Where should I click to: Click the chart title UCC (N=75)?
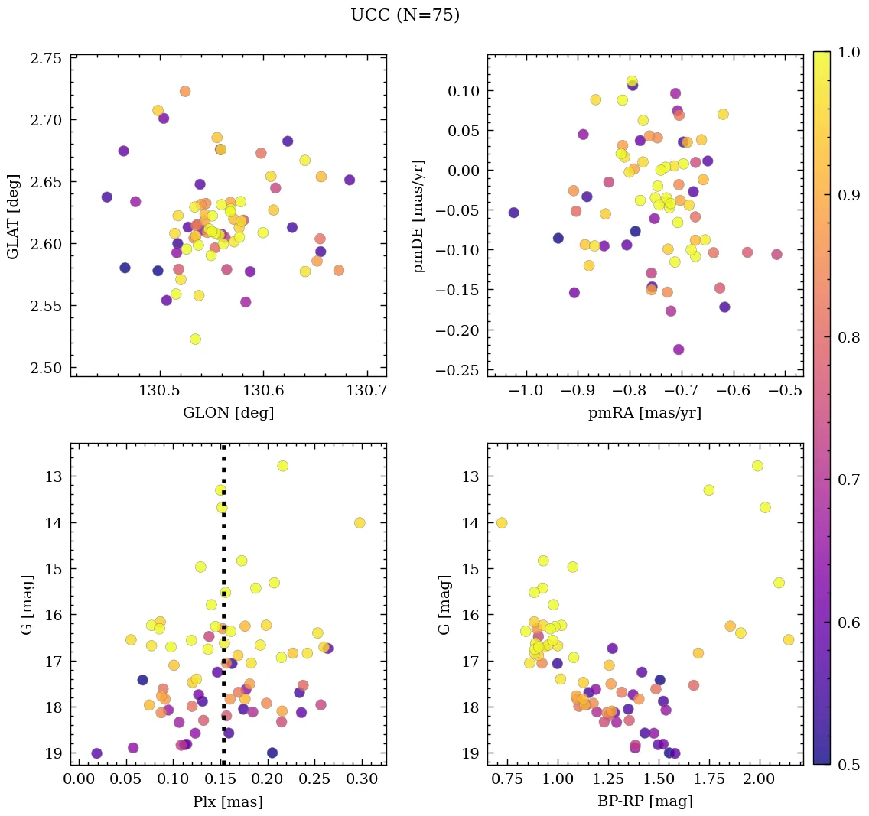click(x=405, y=15)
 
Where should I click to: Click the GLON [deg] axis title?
click(x=228, y=413)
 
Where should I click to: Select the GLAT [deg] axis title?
click(x=14, y=216)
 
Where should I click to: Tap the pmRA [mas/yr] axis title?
click(x=645, y=413)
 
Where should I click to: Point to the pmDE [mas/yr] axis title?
click(x=419, y=216)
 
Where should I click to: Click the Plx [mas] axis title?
click(x=228, y=801)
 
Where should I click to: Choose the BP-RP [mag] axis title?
click(x=645, y=801)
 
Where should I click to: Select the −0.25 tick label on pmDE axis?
click(x=460, y=370)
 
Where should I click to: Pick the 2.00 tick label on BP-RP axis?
click(x=760, y=780)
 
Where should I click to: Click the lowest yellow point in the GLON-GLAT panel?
click(x=195, y=339)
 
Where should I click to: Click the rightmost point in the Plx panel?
click(x=360, y=522)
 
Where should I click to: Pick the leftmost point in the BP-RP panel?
click(x=502, y=522)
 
